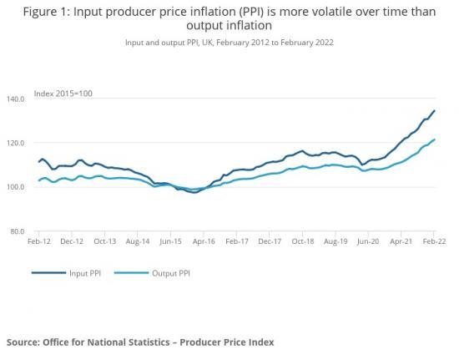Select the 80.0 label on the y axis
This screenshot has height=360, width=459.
pos(18,231)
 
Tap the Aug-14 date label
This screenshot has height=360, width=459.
pos(137,241)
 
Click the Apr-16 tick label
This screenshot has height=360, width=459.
pos(203,241)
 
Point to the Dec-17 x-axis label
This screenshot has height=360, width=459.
pos(269,241)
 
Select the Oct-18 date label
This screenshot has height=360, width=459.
pos(302,241)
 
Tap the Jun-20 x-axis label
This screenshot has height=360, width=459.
pos(368,241)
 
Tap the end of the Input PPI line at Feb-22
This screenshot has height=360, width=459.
pos(434,111)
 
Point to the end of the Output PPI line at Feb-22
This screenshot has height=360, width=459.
pos(434,139)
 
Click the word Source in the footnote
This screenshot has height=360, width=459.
pos(26,342)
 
